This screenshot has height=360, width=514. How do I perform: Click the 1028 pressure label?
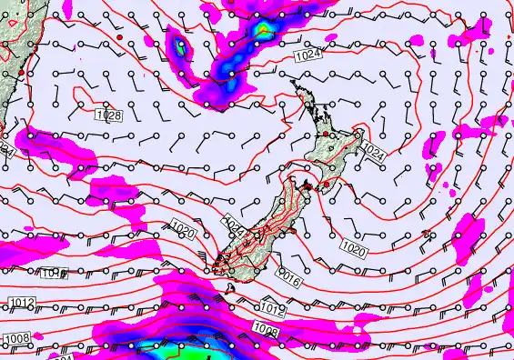click(108, 115)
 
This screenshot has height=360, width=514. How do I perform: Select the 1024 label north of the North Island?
click(307, 56)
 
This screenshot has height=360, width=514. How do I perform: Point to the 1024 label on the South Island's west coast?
click(233, 225)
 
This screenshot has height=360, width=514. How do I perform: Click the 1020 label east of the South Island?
click(354, 247)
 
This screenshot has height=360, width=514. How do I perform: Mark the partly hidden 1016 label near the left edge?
click(53, 273)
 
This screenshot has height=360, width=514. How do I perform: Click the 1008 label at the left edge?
click(17, 338)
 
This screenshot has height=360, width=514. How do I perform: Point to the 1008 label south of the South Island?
click(267, 329)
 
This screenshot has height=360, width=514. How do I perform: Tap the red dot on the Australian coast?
click(20, 72)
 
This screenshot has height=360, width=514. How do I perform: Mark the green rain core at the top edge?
click(264, 30)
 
